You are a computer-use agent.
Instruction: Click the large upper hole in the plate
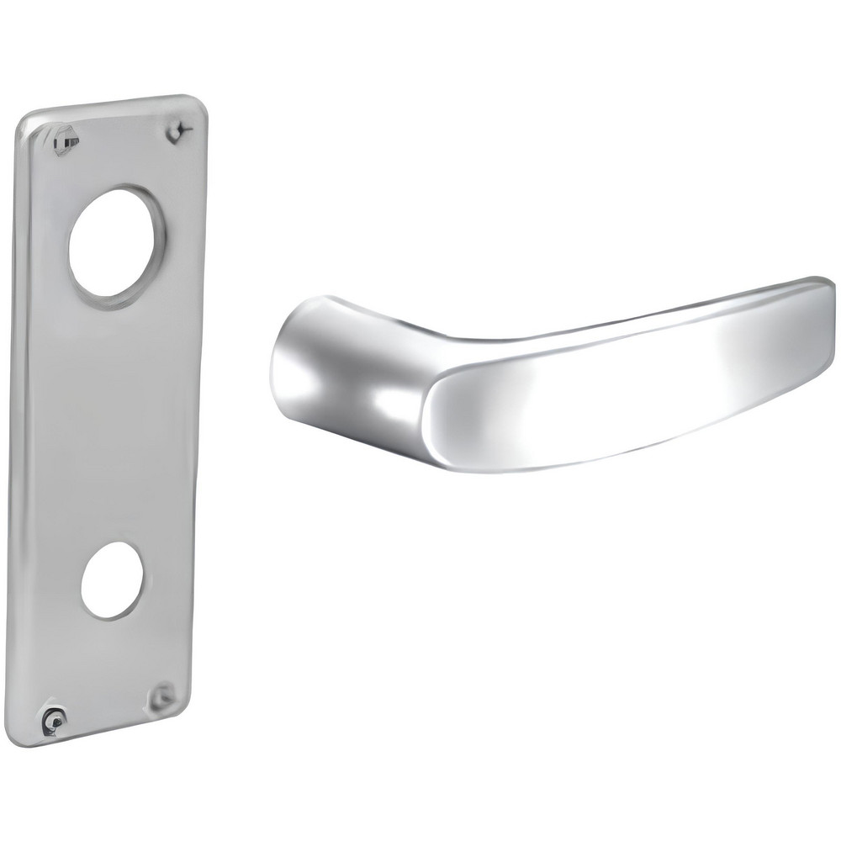tap(116, 242)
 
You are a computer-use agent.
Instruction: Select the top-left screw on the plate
tap(65, 140)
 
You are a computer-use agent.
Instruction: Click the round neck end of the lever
tap(290, 362)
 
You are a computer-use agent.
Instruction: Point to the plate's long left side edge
tap(23, 420)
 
